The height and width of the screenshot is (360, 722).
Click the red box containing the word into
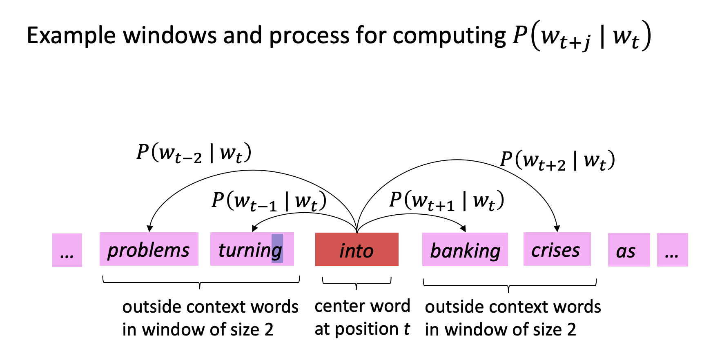pyautogui.click(x=357, y=249)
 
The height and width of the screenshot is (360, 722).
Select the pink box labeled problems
pyautogui.click(x=149, y=249)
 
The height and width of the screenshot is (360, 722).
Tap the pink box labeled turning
pyautogui.click(x=252, y=249)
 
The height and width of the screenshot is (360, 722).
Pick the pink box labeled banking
pyautogui.click(x=465, y=249)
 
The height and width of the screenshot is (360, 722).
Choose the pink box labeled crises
pyautogui.click(x=557, y=249)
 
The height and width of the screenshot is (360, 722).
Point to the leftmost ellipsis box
pyautogui.click(x=67, y=250)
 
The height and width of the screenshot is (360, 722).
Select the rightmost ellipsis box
pyautogui.click(x=673, y=250)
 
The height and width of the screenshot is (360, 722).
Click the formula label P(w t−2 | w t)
pyautogui.click(x=194, y=153)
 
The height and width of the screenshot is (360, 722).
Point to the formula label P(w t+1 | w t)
pyautogui.click(x=447, y=201)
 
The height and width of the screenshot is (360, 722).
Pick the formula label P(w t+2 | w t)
pyautogui.click(x=557, y=160)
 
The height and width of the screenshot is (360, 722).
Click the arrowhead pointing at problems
pyautogui.click(x=150, y=229)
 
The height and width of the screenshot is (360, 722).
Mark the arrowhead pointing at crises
pyautogui.click(x=557, y=229)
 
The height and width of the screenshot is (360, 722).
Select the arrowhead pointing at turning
pyautogui.click(x=255, y=228)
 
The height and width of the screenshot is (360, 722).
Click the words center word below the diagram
pyautogui.click(x=362, y=306)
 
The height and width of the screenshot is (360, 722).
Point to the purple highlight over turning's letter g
pyautogui.click(x=277, y=248)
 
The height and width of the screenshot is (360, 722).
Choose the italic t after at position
pyautogui.click(x=407, y=329)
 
